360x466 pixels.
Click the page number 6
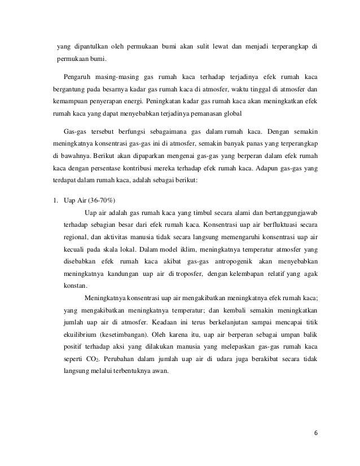click(315, 433)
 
